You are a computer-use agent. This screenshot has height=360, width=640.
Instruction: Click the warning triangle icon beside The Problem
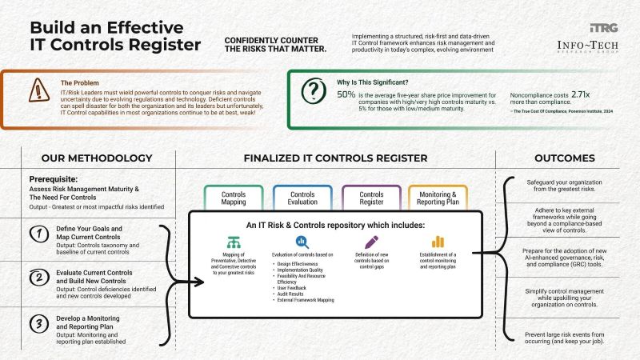point(38,90)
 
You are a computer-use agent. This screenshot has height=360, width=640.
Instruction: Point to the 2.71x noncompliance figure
point(580,94)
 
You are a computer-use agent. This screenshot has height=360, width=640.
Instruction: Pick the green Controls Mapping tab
point(234,198)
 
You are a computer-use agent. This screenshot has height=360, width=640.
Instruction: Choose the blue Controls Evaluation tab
point(302,198)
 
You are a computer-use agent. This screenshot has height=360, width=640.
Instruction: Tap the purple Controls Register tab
point(371,198)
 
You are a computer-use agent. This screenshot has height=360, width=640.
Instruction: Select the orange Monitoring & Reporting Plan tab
point(438,198)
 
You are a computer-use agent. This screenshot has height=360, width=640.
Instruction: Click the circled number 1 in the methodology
point(36,234)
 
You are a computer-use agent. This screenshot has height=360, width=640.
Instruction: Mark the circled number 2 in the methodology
point(36,278)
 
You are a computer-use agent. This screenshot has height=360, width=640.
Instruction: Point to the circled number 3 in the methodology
point(36,324)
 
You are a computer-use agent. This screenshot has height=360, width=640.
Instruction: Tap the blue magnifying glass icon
point(302,242)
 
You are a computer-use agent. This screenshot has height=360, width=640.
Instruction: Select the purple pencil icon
point(371,242)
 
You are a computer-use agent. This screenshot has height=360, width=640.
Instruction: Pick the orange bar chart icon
point(438,242)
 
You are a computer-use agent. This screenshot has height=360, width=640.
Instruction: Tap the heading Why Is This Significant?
point(373,81)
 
